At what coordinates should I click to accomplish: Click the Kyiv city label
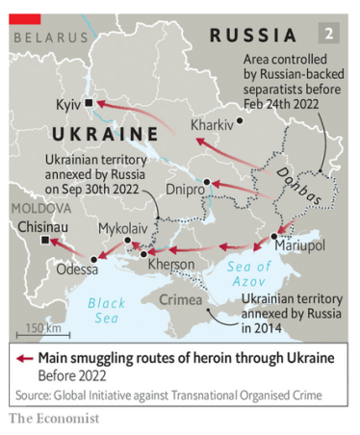pyautogui.click(x=66, y=102)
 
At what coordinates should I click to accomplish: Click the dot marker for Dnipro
pyautogui.click(x=206, y=181)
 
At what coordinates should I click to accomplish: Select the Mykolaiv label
pyautogui.click(x=123, y=228)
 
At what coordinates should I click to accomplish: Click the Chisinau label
pyautogui.click(x=42, y=227)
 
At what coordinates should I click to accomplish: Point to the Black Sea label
pyautogui.click(x=106, y=310)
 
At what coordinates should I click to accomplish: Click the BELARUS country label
pyautogui.click(x=50, y=38)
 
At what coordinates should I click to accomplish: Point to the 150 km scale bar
pyautogui.click(x=42, y=334)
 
